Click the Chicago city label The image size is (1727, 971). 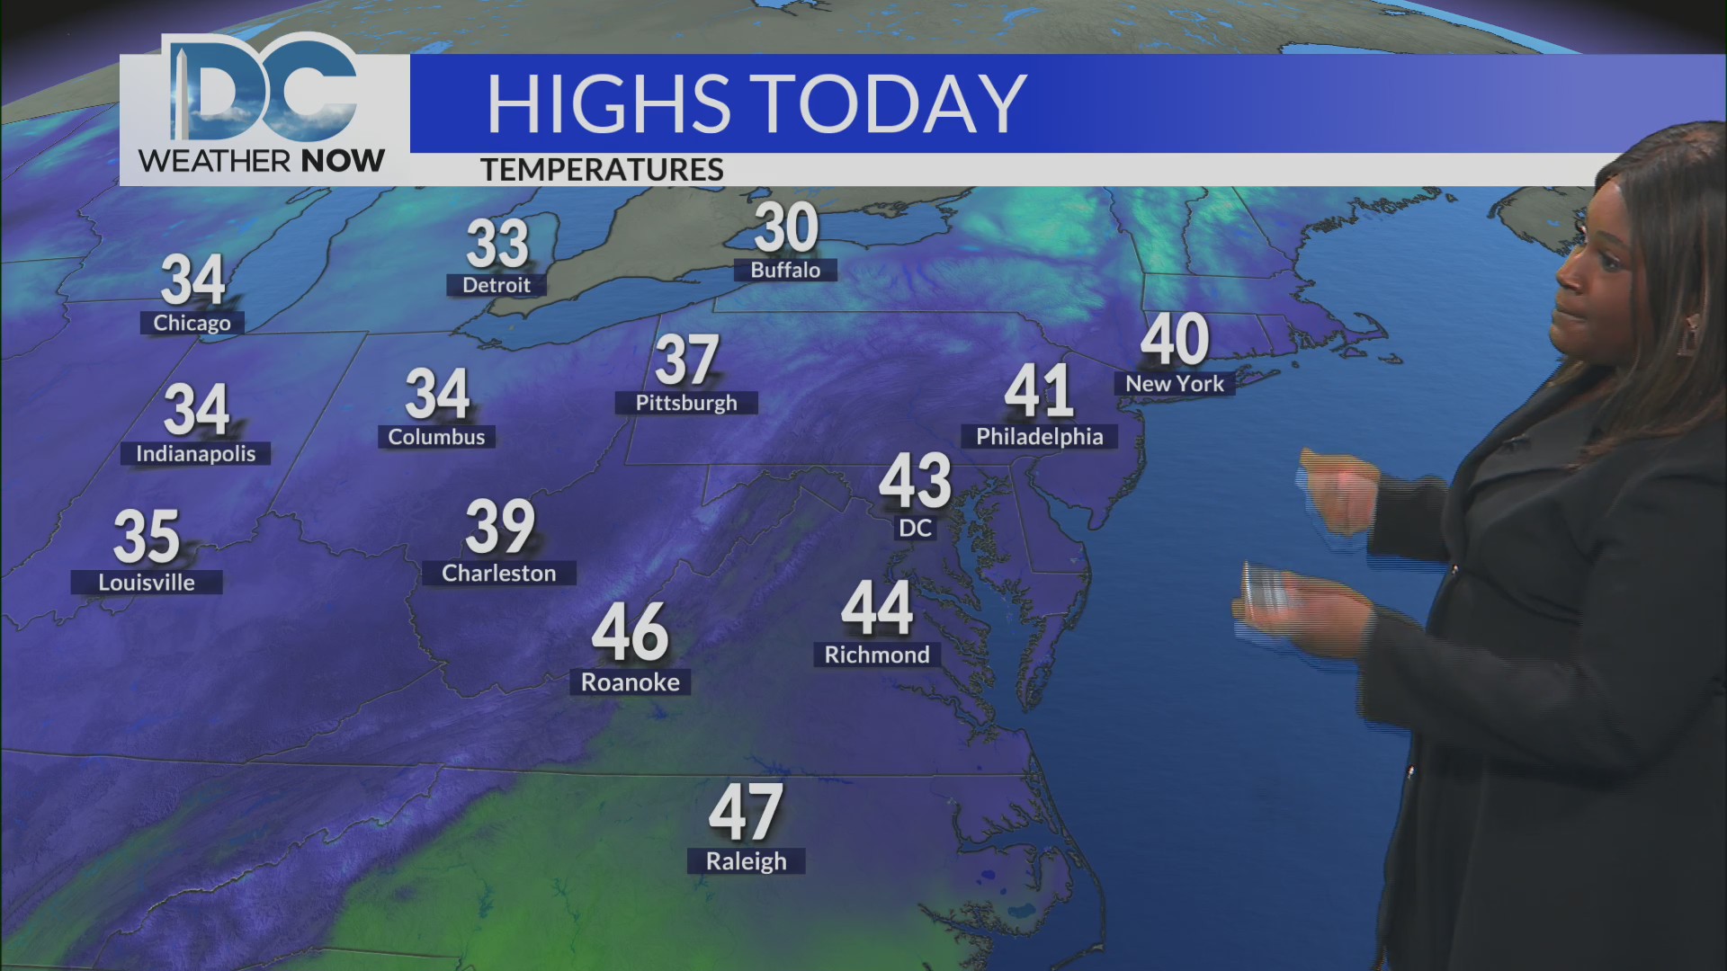tap(192, 323)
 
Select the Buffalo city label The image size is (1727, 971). tap(785, 270)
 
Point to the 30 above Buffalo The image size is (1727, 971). tap(786, 227)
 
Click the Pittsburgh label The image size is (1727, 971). tap(686, 403)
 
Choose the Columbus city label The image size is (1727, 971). tap(436, 437)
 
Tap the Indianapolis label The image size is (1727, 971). tap(195, 454)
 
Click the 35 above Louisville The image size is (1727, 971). tap(147, 536)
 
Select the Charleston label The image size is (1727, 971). tap(499, 574)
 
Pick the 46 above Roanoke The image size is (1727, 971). tap(631, 632)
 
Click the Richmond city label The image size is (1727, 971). tap(877, 655)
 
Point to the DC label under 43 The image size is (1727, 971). tap(916, 528)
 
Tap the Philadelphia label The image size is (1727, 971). tap(1040, 437)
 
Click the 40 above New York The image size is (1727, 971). tap(1175, 339)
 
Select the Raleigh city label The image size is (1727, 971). tap(746, 861)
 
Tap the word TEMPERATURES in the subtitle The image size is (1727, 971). tap(602, 170)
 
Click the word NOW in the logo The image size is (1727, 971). tap(343, 161)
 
